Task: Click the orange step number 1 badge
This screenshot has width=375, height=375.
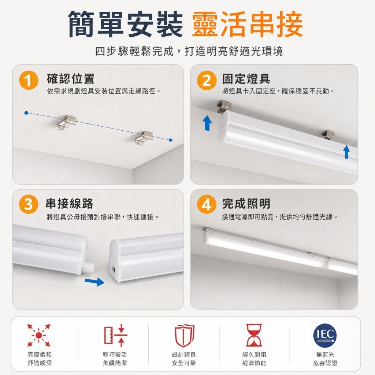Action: [29, 80]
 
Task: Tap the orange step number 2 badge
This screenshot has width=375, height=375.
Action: [207, 80]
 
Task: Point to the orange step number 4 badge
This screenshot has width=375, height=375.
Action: [207, 204]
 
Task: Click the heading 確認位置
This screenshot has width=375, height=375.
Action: [71, 79]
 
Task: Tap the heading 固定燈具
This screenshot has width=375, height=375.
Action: [246, 79]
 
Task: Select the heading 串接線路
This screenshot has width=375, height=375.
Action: [70, 204]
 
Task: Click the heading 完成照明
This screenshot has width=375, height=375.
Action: [246, 204]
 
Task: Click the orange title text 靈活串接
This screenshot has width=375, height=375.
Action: [247, 25]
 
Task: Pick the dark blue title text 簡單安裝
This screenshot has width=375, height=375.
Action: [126, 25]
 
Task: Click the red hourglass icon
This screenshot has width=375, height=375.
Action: [254, 335]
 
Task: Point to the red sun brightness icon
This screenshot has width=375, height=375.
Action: [39, 335]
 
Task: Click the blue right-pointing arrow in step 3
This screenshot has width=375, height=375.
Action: [95, 282]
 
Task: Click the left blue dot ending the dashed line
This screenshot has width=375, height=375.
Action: [26, 113]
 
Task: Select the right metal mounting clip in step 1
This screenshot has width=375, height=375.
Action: [144, 138]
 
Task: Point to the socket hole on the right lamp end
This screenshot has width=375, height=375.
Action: [114, 270]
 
